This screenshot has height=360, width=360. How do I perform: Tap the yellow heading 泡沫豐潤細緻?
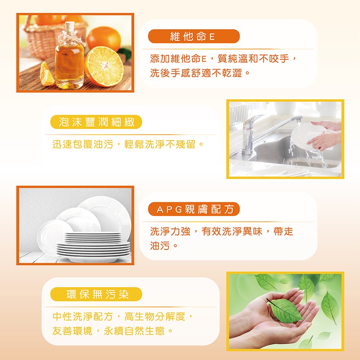(96, 122)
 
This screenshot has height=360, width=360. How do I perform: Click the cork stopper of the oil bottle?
(70, 27)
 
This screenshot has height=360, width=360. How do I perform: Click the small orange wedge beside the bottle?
(47, 75)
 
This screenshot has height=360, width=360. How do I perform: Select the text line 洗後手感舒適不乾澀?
(200, 74)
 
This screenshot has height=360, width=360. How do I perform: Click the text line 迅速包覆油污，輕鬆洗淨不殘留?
(128, 144)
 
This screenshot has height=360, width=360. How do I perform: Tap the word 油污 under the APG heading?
(160, 246)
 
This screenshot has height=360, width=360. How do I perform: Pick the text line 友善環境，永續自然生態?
(112, 331)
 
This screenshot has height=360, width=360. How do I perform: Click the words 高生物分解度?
(155, 317)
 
